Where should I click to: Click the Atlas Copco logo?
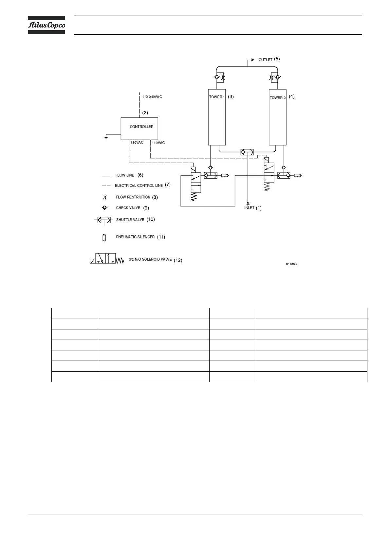[46, 25]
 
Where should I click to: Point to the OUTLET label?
[265, 60]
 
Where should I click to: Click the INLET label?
[249, 208]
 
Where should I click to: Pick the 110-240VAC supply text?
[152, 97]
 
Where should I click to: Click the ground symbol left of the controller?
[106, 137]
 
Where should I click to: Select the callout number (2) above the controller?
[145, 112]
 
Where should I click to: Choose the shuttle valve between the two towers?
[247, 152]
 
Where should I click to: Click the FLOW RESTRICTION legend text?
[133, 197]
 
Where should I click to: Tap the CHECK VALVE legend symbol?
[105, 208]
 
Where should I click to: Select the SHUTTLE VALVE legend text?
[130, 220]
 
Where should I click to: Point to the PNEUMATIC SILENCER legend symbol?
[104, 238]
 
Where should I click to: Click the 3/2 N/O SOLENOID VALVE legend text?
[150, 259]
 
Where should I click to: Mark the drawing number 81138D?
[291, 264]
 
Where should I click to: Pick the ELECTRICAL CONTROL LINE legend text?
[139, 186]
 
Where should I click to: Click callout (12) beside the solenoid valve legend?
[178, 260]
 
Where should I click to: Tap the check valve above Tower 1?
[216, 77]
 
